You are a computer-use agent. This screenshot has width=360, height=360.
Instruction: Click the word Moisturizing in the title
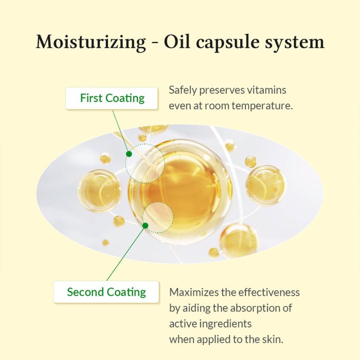(91, 43)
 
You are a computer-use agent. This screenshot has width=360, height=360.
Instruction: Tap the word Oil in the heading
(177, 42)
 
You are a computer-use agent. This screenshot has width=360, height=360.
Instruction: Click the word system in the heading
(295, 44)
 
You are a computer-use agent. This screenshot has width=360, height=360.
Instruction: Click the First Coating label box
(112, 98)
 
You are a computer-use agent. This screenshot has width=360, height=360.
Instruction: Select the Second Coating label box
(106, 292)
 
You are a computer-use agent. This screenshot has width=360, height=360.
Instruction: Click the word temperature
(262, 106)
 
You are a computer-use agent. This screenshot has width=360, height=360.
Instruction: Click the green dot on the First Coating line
(129, 154)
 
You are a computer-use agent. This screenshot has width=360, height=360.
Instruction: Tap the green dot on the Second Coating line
(145, 226)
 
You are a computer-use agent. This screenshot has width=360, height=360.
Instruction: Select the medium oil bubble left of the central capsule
(99, 191)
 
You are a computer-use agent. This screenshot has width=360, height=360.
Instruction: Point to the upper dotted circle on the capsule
(145, 164)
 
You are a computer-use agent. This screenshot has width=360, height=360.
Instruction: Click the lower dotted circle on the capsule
(158, 218)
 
